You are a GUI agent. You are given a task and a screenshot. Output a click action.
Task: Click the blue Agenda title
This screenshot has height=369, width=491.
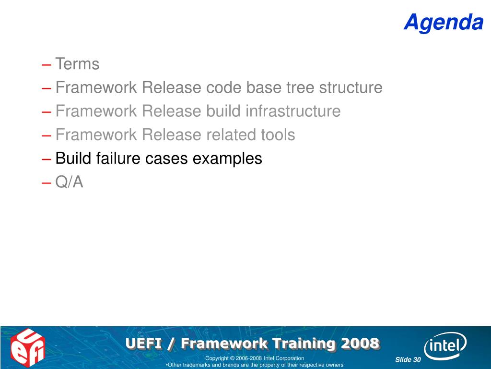444,22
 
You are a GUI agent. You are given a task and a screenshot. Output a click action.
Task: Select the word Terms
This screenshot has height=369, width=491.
77,64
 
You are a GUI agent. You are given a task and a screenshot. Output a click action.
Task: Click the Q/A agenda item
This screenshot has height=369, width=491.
69,182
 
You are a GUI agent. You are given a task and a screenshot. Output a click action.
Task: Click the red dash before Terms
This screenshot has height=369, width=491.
47,65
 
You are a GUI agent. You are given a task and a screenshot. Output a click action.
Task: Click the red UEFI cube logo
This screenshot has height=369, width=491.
27,348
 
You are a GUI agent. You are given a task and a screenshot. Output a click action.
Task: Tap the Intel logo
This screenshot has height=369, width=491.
444,346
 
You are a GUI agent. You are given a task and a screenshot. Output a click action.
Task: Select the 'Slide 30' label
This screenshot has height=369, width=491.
408,359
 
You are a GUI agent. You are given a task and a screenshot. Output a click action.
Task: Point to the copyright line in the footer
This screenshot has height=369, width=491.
255,358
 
